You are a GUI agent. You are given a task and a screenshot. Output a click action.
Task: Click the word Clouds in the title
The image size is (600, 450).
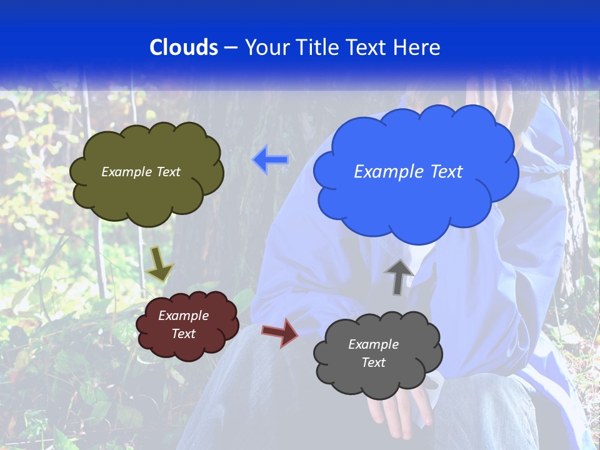(184, 47)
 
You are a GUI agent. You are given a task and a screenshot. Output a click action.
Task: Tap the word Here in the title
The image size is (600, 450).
(417, 47)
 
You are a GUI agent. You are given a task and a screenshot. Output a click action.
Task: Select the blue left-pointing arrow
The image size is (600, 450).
(271, 160)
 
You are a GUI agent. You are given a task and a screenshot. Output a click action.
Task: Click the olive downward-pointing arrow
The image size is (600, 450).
(159, 264)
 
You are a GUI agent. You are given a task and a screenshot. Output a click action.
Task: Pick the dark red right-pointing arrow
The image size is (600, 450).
(280, 332)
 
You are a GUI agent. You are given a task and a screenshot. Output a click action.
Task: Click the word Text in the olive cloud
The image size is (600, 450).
(168, 172)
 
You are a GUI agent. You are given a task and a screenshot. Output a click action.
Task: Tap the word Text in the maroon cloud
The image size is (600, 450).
(183, 334)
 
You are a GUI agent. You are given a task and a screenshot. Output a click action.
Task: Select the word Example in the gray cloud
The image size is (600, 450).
(373, 344)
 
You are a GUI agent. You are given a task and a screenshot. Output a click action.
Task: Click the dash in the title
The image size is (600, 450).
(231, 47)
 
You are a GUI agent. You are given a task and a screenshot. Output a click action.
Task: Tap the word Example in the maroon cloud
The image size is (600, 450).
(183, 316)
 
